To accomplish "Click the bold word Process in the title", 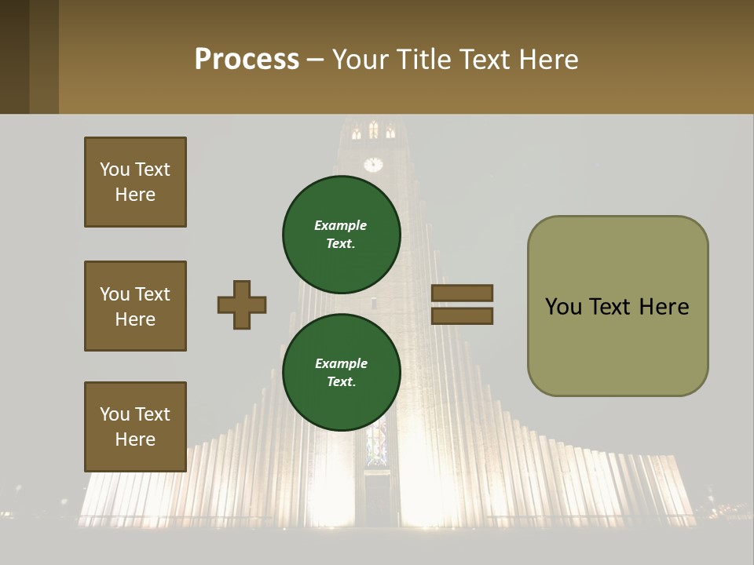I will point(247,60).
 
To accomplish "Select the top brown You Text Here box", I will point(135,182).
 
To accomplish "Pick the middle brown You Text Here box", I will point(135,306).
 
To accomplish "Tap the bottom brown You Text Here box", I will point(135,426).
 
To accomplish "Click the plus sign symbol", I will point(242,304).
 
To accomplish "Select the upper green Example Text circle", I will point(341,234).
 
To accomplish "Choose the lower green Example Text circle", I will point(341,372).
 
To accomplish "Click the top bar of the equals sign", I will point(462,293).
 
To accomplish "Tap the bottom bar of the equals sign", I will point(462,315).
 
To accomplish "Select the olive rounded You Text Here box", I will point(617,306).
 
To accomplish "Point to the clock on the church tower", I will point(373,164).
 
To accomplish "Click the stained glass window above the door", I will point(377,443).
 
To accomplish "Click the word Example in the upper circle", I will point(341,225).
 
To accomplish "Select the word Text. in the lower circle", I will point(341,382).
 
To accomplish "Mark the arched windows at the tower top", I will point(373,130).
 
